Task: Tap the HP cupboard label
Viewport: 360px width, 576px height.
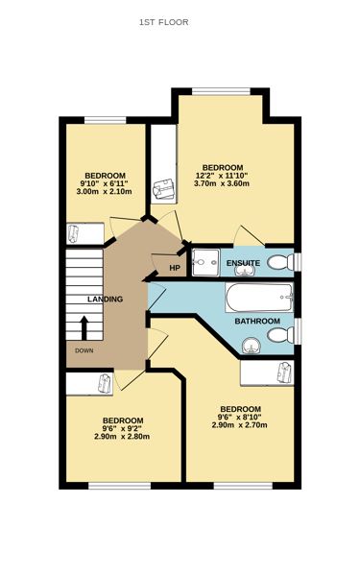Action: point(175,268)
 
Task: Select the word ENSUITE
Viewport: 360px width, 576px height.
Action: point(244,262)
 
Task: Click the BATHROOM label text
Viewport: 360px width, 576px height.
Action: point(257,321)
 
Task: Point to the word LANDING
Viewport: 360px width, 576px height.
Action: point(105,300)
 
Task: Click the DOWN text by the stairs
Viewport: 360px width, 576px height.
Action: point(85,350)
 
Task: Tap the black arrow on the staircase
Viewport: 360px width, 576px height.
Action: point(84,328)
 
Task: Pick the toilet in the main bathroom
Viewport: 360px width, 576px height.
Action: point(278,335)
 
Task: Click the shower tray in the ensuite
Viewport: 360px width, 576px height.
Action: point(205,261)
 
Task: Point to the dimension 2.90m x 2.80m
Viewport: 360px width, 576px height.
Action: point(122,437)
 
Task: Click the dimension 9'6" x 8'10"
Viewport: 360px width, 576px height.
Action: point(239,417)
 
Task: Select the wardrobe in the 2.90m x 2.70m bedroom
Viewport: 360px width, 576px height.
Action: point(267,372)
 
